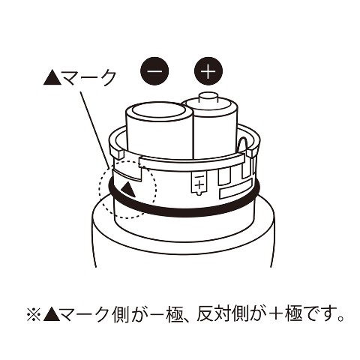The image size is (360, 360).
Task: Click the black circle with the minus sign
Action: [x=154, y=71]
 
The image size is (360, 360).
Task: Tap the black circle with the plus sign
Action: [x=208, y=71]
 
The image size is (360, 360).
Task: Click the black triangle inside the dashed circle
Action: [x=128, y=190]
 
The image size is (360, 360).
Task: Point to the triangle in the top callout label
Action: [x=52, y=77]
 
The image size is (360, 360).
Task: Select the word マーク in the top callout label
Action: [x=88, y=77]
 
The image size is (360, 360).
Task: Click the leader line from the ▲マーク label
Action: [x=95, y=130]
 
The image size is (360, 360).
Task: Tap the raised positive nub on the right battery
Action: [x=208, y=98]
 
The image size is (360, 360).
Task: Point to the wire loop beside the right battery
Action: [x=242, y=144]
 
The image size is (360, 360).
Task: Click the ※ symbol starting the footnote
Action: [x=34, y=316]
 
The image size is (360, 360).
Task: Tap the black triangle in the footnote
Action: [x=52, y=316]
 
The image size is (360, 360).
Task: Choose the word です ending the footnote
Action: [x=321, y=316]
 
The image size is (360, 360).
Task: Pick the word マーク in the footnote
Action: [x=87, y=316]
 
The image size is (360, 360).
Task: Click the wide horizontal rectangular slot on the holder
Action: [x=235, y=190]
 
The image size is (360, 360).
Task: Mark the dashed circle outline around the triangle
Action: [x=99, y=190]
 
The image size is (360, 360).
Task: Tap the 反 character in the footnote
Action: [x=205, y=316]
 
